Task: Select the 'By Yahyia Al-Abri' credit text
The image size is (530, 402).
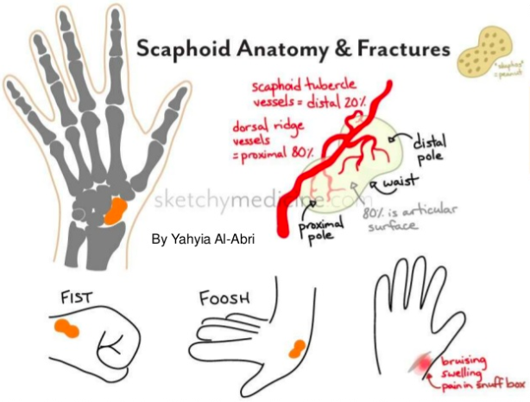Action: pyautogui.click(x=203, y=238)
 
